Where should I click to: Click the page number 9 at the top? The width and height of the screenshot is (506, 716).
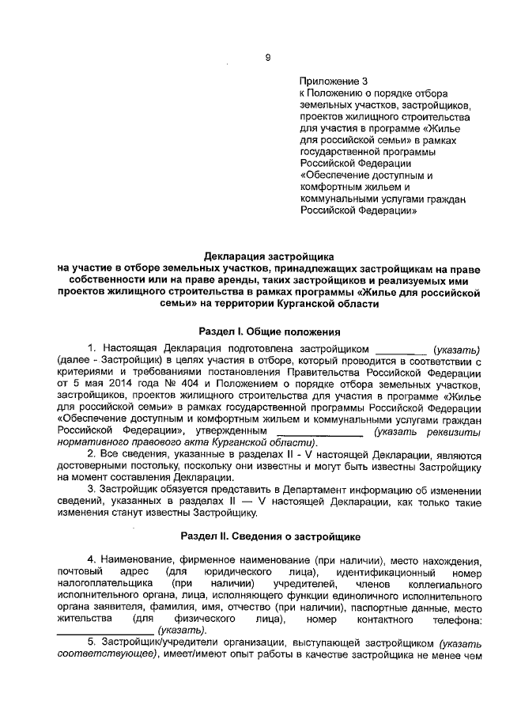(267, 57)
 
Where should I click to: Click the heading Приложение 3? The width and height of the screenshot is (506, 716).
(334, 81)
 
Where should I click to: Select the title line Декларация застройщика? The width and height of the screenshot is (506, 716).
(269, 256)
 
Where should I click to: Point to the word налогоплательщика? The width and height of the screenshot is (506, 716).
(104, 584)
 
